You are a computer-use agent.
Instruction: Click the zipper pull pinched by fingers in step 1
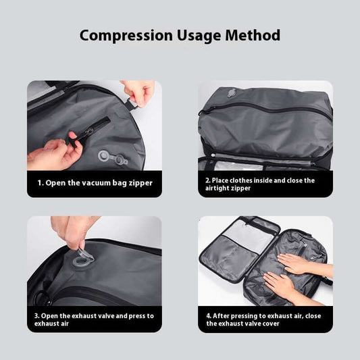pyautogui.click(x=72, y=141)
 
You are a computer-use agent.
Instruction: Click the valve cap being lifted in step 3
pyautogui.click(x=80, y=255)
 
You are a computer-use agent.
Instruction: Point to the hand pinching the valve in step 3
pyautogui.click(x=74, y=230)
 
